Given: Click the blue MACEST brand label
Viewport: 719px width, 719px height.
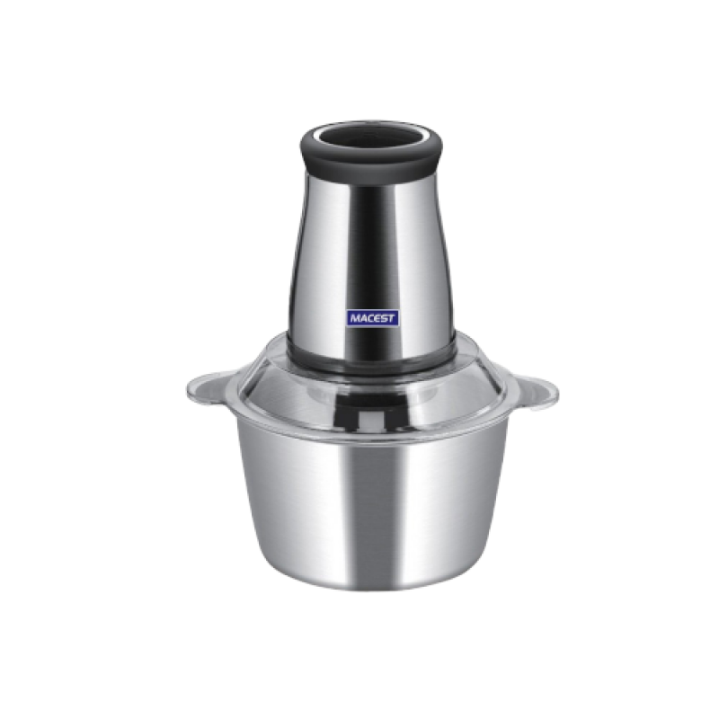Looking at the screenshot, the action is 372,318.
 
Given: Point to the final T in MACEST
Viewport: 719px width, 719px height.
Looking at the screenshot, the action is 391,318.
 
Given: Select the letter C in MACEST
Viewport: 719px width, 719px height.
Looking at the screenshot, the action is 370,318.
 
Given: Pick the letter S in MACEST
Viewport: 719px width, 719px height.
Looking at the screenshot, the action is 383,318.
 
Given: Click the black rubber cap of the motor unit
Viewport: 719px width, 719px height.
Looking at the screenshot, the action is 371,154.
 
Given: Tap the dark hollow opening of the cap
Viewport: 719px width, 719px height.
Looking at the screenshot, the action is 371,138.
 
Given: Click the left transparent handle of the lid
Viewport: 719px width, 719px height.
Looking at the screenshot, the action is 212,388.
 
